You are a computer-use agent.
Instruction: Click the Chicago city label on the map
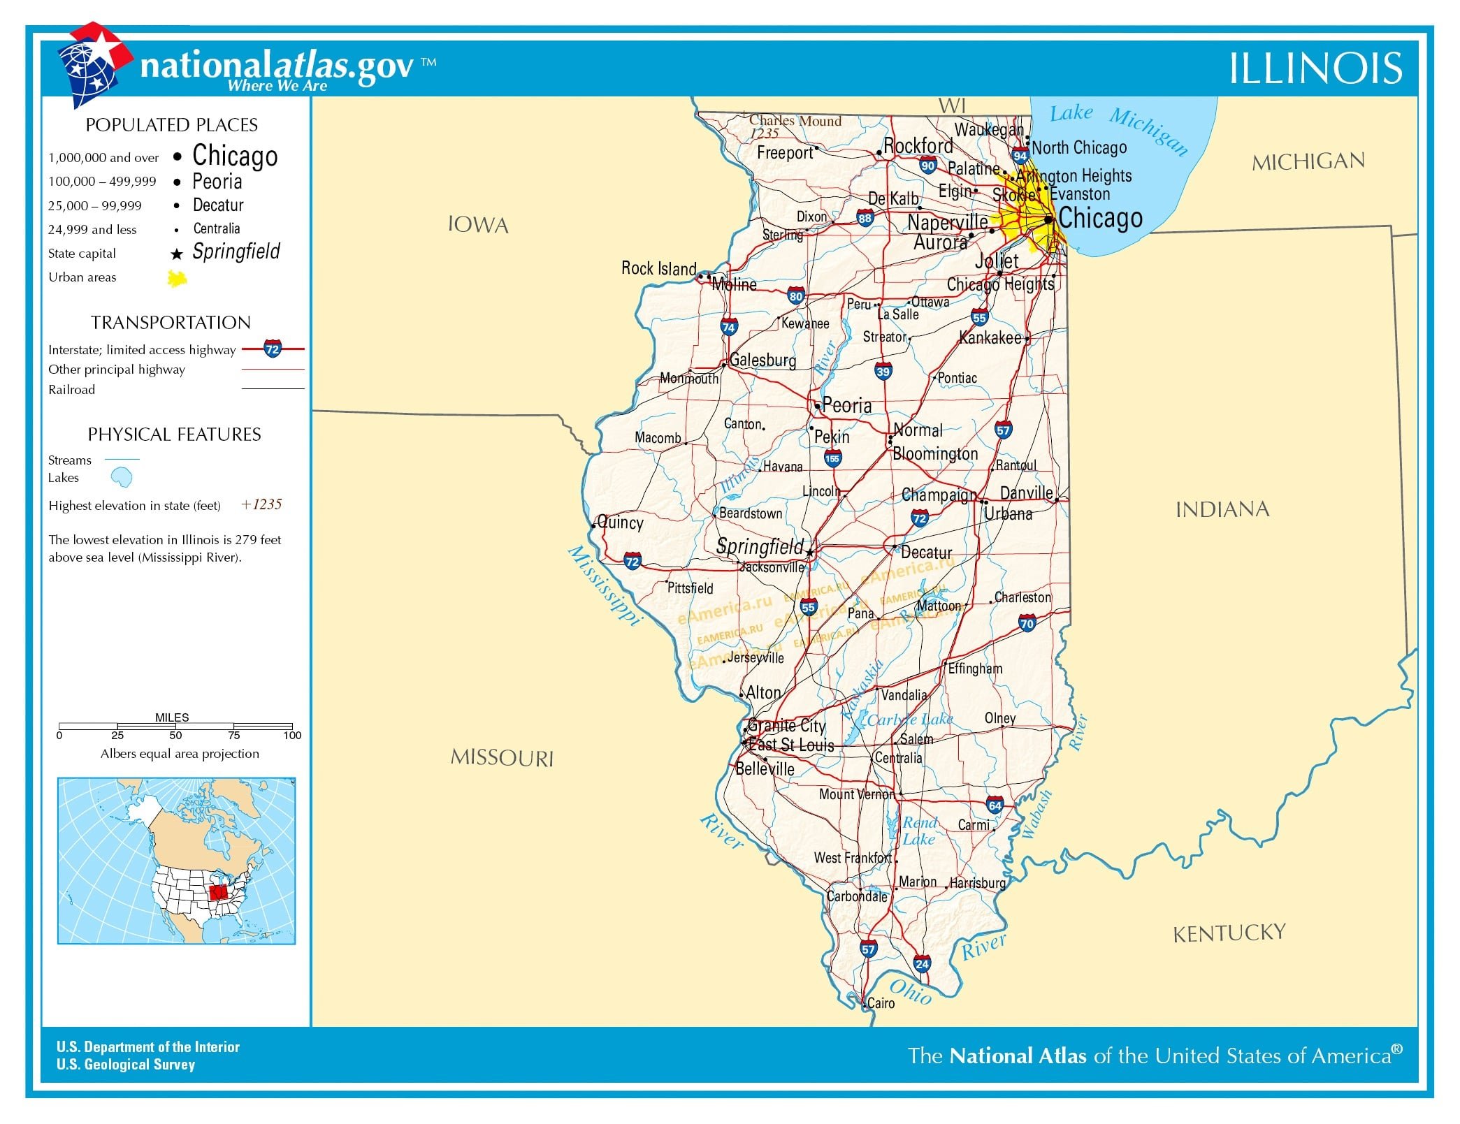1100,218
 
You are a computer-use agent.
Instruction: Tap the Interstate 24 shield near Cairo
922,964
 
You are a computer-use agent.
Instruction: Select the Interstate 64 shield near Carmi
995,805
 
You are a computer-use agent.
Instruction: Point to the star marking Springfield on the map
810,553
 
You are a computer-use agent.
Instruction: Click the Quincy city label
620,523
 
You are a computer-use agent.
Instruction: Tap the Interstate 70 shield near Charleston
1027,624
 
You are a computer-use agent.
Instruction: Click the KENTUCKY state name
1229,933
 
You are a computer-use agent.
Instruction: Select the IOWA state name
478,225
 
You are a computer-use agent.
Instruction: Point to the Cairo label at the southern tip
881,1003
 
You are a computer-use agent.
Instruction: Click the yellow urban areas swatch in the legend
177,279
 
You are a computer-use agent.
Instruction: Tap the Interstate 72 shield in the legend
273,349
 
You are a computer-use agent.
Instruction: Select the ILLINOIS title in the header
1315,68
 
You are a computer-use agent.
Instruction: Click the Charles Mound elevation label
795,121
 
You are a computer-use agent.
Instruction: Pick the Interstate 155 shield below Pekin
832,459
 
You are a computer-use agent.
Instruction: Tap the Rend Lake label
918,831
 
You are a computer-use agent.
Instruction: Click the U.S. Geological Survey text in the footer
126,1065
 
